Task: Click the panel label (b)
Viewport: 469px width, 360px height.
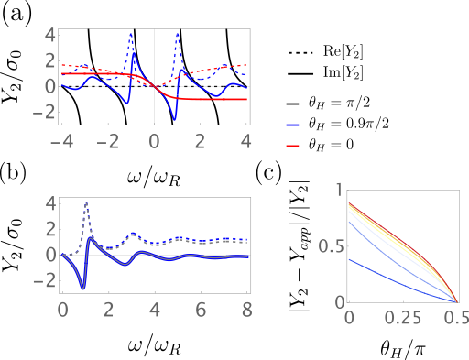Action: (18, 173)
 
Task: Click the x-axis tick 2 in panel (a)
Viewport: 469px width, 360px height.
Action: (201, 139)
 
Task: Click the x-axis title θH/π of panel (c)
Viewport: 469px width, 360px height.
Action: (400, 347)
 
